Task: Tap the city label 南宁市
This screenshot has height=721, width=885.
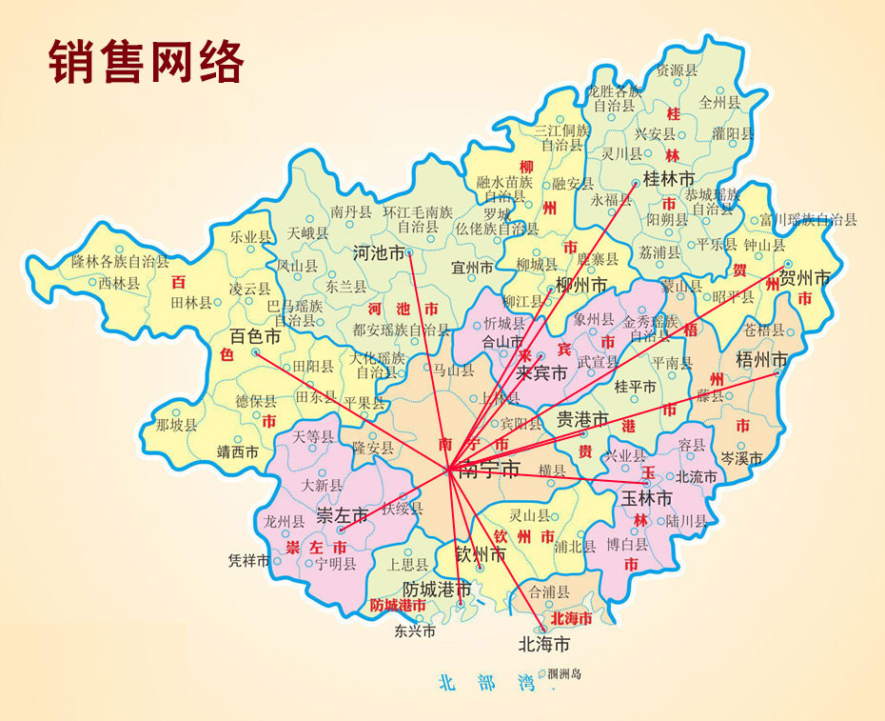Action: click(489, 470)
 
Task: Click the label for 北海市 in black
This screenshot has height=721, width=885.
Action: click(543, 645)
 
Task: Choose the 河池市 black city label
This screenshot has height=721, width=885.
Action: click(379, 253)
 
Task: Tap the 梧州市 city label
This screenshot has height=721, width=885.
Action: click(763, 359)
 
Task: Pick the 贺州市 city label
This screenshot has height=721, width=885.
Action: click(804, 279)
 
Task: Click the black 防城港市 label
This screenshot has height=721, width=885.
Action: click(437, 590)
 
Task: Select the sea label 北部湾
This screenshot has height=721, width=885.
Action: click(482, 682)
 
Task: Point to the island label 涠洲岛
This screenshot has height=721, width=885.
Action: click(565, 674)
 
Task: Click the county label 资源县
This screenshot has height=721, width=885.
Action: click(670, 70)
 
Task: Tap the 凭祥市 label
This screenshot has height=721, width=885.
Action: click(250, 561)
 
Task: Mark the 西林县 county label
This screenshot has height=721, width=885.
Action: click(119, 283)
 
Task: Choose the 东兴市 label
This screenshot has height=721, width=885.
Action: click(415, 631)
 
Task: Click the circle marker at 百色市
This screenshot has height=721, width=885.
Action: click(255, 352)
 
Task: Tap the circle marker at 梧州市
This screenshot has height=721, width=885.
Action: click(777, 372)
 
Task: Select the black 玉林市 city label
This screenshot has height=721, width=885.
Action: click(647, 498)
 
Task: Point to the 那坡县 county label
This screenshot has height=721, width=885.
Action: click(176, 425)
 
